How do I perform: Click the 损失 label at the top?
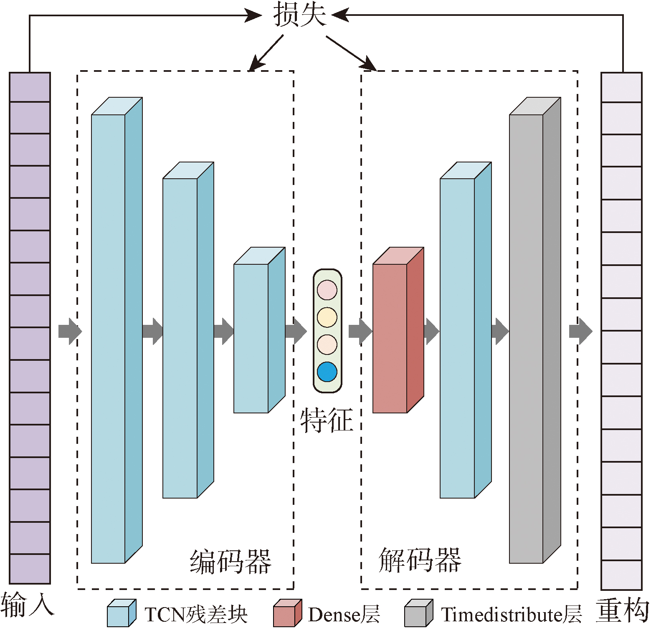point(299,15)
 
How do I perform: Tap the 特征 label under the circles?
point(327,420)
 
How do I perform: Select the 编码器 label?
point(231,562)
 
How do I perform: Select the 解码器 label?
point(420,560)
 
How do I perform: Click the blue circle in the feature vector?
point(327,372)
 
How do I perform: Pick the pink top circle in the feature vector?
point(327,290)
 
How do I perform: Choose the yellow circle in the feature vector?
point(327,317)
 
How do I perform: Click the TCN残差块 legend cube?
point(121,614)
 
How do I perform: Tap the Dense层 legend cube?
point(287,614)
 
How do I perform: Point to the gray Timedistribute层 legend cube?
point(418,614)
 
